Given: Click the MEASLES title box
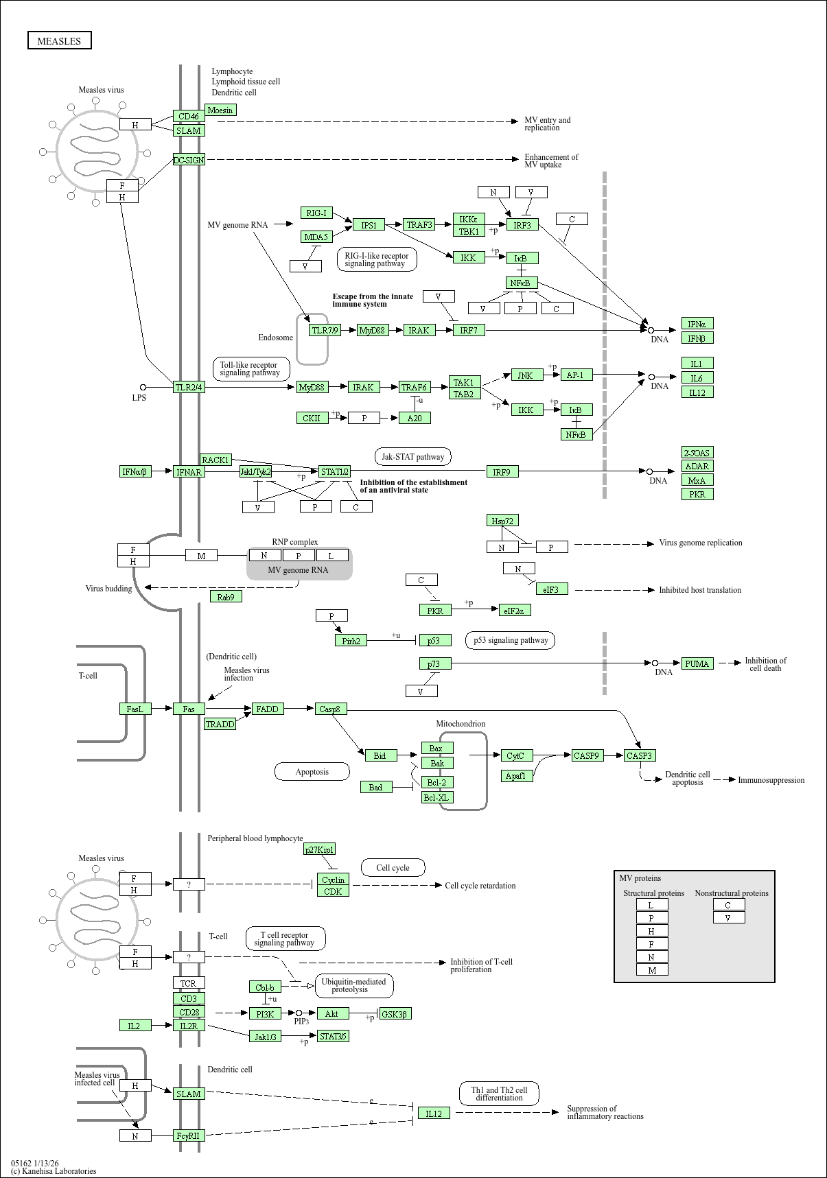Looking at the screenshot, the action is (x=59, y=40).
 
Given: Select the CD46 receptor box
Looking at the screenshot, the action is (x=189, y=117).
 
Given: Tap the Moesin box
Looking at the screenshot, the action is (x=220, y=110).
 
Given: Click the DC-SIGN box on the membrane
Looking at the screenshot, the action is (x=189, y=160).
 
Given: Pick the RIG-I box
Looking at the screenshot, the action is (x=316, y=213).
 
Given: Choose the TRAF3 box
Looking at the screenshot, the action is (x=419, y=224).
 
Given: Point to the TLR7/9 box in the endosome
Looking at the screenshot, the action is (x=325, y=330).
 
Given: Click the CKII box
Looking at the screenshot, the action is (x=312, y=418).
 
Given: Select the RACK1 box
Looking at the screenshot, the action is (x=216, y=460).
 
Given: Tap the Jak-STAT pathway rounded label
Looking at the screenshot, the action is (x=413, y=456).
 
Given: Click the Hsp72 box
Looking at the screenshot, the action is (x=502, y=521).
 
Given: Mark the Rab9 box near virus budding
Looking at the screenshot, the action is (x=226, y=597).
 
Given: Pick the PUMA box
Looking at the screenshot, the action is (x=697, y=663).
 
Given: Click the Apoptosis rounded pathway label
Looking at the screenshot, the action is (x=312, y=772).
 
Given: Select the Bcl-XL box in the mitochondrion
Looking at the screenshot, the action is (x=437, y=797).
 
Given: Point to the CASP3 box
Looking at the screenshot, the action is (x=640, y=755).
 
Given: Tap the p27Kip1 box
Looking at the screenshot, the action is (x=320, y=849).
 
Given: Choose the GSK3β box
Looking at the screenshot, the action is (x=395, y=1014).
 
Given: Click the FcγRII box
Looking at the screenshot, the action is (x=189, y=1135).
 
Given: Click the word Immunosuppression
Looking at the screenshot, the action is (x=771, y=780).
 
